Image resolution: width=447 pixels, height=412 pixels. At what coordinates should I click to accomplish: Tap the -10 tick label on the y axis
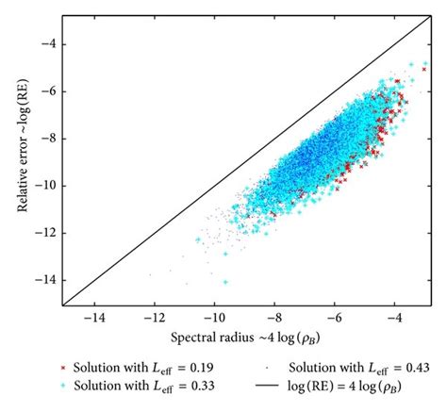(44, 186)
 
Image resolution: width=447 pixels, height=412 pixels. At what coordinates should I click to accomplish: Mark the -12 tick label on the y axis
(44, 233)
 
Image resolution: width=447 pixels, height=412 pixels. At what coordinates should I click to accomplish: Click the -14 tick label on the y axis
(44, 280)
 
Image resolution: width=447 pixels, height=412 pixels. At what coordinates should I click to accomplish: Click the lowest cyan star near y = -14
(225, 282)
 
